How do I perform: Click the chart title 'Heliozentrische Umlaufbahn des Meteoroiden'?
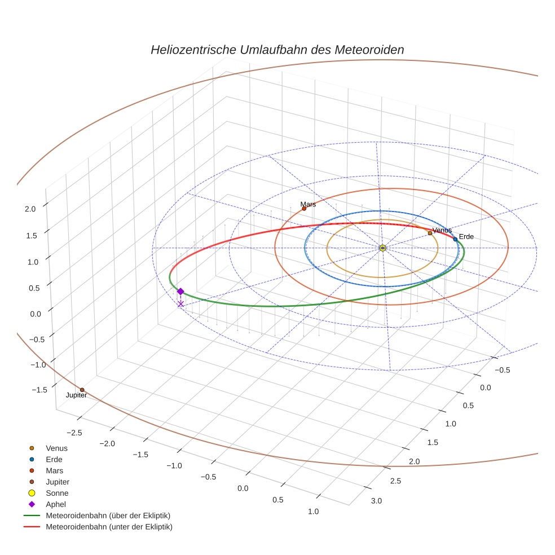click(277, 50)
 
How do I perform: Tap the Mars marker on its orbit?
click(304, 208)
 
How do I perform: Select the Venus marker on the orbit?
click(430, 233)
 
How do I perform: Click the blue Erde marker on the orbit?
click(455, 239)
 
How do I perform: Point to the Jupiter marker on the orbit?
click(82, 390)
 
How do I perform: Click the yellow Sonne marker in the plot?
click(382, 248)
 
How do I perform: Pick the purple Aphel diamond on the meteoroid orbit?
click(180, 291)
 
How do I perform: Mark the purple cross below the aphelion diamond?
click(180, 304)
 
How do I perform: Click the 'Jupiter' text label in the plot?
click(76, 396)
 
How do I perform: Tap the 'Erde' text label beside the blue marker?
click(466, 236)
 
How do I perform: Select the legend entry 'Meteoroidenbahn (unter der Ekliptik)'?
click(109, 527)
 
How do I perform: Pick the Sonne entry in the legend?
click(57, 493)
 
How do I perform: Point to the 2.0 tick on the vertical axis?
click(30, 208)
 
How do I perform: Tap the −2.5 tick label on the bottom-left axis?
click(75, 433)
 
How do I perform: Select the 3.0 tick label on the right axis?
click(376, 501)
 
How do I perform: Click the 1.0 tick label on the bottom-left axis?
click(313, 512)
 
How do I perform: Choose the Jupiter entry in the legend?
click(58, 482)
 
